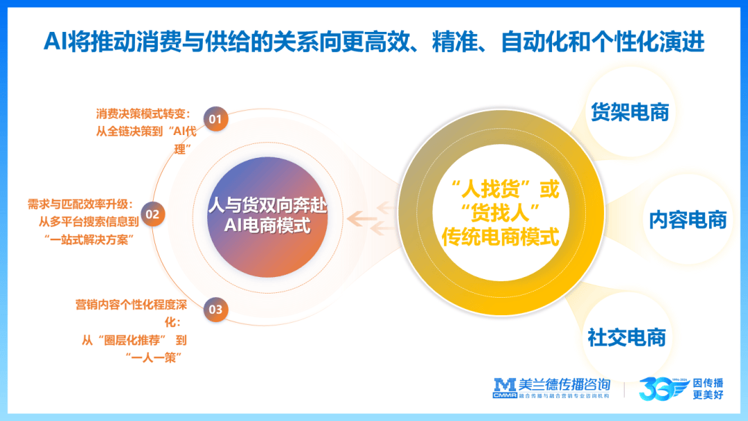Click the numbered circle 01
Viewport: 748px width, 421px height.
tap(215, 118)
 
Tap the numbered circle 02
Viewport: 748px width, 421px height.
tap(152, 214)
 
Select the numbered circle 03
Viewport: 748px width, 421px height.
tap(215, 310)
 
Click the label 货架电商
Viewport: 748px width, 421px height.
tap(630, 112)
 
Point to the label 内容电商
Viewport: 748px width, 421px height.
tap(688, 220)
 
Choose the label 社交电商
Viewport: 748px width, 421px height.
tap(627, 337)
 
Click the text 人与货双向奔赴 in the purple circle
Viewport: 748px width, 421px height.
tap(267, 206)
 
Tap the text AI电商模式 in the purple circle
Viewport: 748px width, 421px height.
tap(267, 225)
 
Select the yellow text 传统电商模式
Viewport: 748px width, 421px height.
tap(501, 237)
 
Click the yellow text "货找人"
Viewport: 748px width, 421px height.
tap(501, 213)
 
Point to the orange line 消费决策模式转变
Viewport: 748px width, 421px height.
tap(143, 114)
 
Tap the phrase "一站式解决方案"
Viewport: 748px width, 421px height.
tap(89, 240)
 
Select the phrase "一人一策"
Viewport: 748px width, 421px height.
tap(154, 357)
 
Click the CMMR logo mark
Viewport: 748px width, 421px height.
tap(505, 388)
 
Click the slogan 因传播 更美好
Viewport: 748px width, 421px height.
tap(708, 388)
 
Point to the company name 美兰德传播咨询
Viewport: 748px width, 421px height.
tap(564, 384)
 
